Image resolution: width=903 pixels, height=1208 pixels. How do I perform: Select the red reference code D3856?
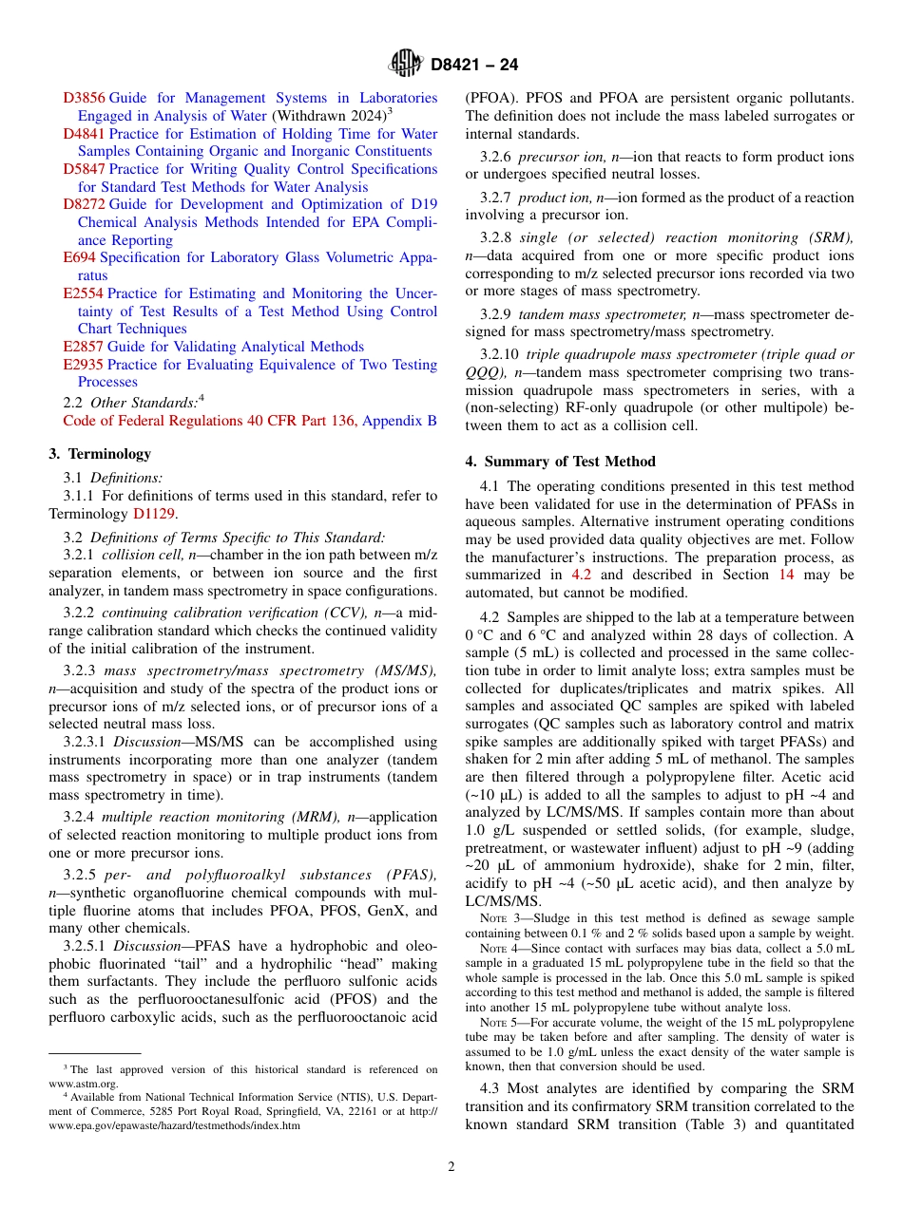pyautogui.click(x=85, y=98)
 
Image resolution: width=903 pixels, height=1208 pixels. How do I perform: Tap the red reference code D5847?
pyautogui.click(x=85, y=169)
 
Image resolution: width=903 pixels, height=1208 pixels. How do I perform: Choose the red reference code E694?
pyautogui.click(x=79, y=257)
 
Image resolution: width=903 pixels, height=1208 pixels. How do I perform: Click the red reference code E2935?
pyautogui.click(x=83, y=365)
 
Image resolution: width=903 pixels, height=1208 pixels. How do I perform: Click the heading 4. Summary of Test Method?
pyautogui.click(x=560, y=462)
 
